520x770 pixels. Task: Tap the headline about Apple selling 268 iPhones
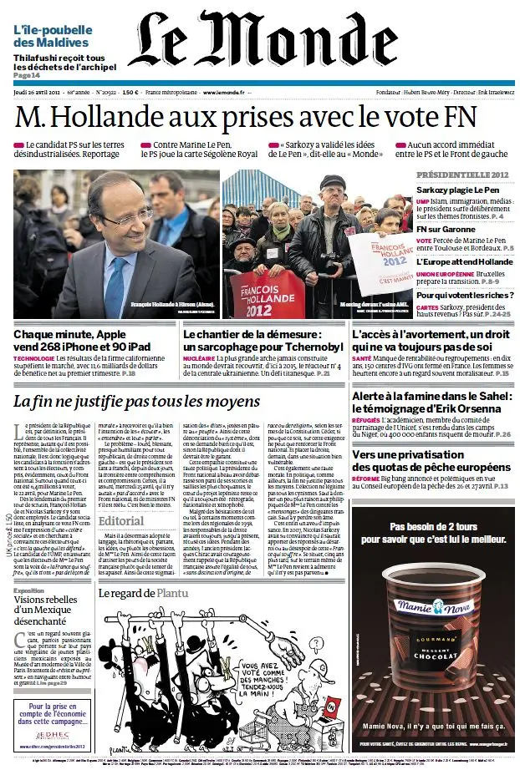pyautogui.click(x=82, y=341)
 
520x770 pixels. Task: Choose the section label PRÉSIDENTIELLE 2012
pyautogui.click(x=462, y=174)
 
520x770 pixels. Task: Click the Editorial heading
pyautogui.click(x=120, y=520)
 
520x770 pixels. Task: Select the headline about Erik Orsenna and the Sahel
pyautogui.click(x=431, y=405)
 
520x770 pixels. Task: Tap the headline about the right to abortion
pyautogui.click(x=431, y=341)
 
